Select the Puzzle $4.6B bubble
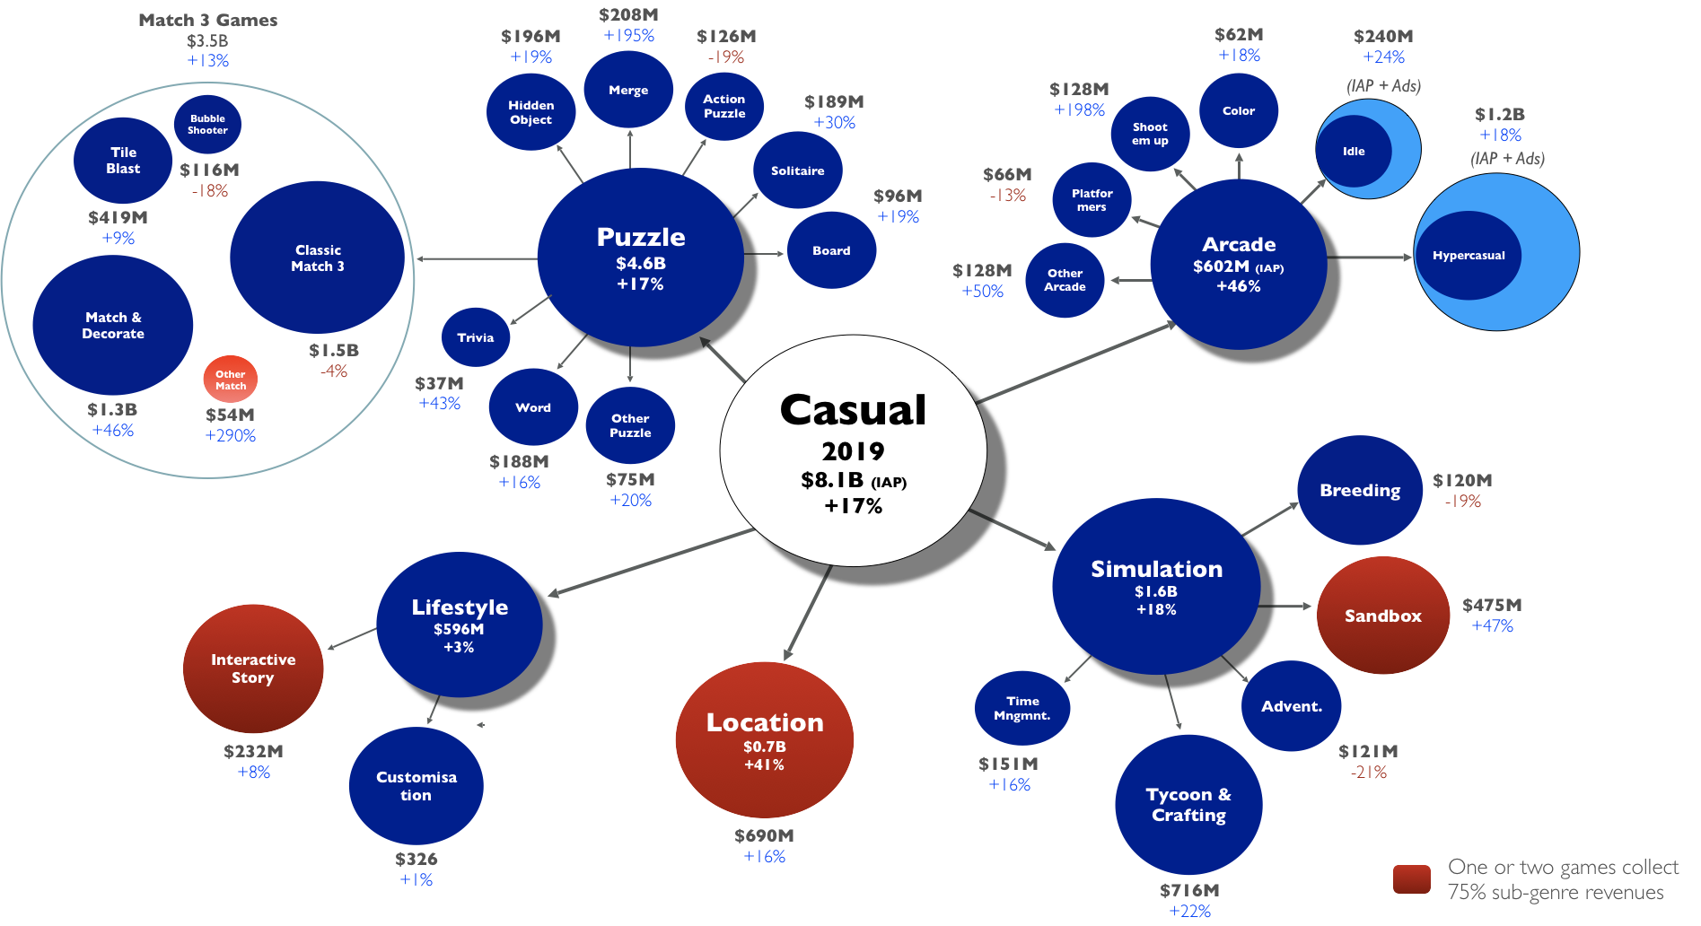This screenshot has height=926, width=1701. [x=640, y=258]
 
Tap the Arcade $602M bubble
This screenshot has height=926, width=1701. [x=1239, y=265]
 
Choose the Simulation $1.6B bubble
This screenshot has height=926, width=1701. [x=1156, y=587]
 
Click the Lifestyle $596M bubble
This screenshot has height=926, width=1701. [x=459, y=625]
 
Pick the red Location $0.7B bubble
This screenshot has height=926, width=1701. [x=764, y=741]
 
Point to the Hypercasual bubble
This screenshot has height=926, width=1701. [x=1469, y=256]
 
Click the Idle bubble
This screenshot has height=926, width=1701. [x=1354, y=152]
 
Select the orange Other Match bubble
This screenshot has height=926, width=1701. [x=231, y=380]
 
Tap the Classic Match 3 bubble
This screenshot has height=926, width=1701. [x=318, y=258]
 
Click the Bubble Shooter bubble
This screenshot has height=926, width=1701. [x=207, y=125]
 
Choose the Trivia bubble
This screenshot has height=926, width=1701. [x=476, y=338]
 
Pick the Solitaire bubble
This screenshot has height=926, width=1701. [x=797, y=171]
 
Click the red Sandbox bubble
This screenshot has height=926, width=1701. [x=1382, y=616]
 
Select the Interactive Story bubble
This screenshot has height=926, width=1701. [x=253, y=669]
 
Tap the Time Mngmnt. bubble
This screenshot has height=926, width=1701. [x=1021, y=709]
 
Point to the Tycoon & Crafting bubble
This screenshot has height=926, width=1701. [x=1188, y=805]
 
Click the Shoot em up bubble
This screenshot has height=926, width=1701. [x=1150, y=135]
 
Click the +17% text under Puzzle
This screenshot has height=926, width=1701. [x=640, y=284]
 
